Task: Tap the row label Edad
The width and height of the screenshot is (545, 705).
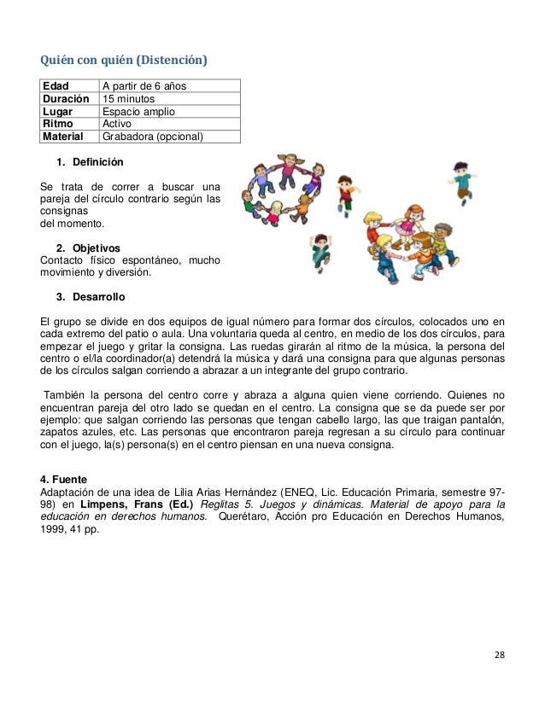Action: click(57, 85)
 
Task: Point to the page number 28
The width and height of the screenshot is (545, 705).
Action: click(500, 655)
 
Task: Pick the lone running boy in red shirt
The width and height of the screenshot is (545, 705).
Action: click(345, 193)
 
